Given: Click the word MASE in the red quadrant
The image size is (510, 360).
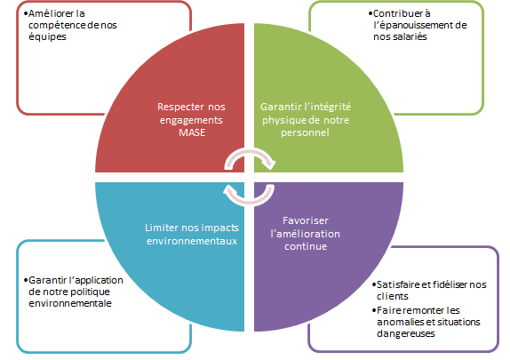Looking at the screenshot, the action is pyautogui.click(x=192, y=132).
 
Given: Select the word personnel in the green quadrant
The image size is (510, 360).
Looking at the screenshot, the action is pyautogui.click(x=305, y=132).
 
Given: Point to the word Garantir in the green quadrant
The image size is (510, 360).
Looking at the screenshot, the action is pyautogui.click(x=281, y=107).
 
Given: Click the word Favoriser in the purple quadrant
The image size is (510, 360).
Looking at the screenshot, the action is pyautogui.click(x=306, y=220).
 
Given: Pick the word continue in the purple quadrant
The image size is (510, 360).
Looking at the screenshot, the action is pyautogui.click(x=306, y=246).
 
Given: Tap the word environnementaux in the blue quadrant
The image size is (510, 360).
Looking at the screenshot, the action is pyautogui.click(x=192, y=241).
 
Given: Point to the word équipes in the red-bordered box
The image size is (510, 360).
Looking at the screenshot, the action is pyautogui.click(x=47, y=36).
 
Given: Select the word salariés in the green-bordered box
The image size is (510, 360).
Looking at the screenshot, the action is pyautogui.click(x=410, y=36).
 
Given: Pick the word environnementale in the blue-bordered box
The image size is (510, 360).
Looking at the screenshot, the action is pyautogui.click(x=70, y=303).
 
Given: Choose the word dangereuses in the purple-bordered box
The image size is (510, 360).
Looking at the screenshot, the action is pyautogui.click(x=406, y=333).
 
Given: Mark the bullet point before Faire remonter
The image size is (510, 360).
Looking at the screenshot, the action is pyautogui.click(x=374, y=310).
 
